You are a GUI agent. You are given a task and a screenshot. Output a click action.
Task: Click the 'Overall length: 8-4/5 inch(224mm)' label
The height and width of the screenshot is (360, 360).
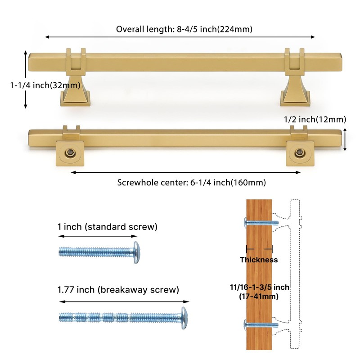click(x=184, y=29)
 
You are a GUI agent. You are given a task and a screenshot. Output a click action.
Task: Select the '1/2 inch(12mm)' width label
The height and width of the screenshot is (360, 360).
click(x=315, y=119)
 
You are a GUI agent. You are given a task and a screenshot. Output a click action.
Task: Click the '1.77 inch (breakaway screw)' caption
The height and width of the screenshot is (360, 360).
click(x=118, y=289)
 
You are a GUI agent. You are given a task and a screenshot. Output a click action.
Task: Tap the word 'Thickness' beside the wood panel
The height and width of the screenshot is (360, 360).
click(x=258, y=260)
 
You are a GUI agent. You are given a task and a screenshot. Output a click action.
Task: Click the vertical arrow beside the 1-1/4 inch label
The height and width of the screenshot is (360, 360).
click(x=26, y=79)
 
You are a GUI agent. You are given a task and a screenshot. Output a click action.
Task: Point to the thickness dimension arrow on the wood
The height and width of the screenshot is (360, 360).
click(x=259, y=248)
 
